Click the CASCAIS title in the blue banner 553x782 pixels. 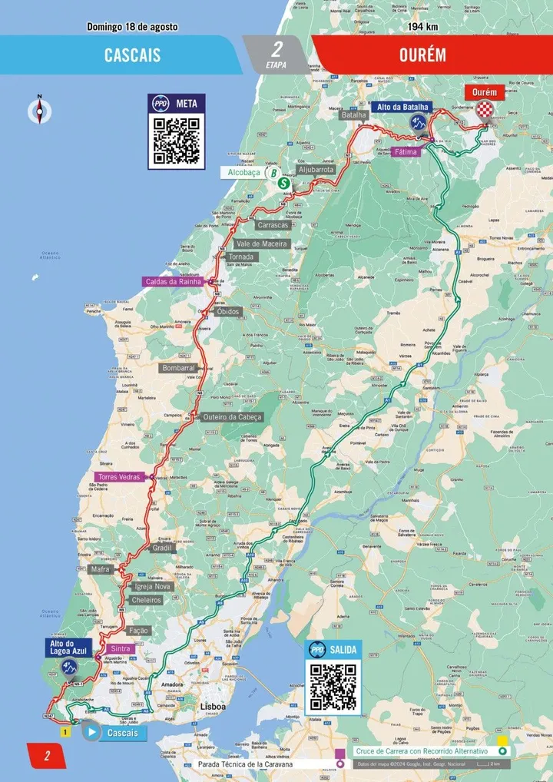(x=132, y=55)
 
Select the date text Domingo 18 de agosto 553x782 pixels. (x=132, y=27)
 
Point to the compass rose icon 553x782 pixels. (x=38, y=110)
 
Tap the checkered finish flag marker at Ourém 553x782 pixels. (x=485, y=114)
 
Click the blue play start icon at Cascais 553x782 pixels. (x=91, y=733)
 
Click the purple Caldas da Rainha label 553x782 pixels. (x=173, y=282)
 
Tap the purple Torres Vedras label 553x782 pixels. (x=118, y=477)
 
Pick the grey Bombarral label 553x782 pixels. (x=178, y=369)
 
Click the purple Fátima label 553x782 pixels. (x=406, y=152)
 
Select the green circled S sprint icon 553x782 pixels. (x=284, y=184)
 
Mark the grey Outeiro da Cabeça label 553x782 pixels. (x=232, y=417)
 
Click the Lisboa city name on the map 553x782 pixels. (x=213, y=706)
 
